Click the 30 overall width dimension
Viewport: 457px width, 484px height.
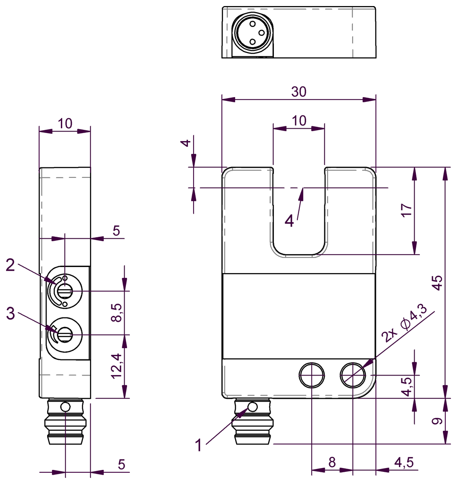[x=299, y=92]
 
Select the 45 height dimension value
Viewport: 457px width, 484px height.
[x=438, y=283]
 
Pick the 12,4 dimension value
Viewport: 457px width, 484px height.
[x=116, y=365]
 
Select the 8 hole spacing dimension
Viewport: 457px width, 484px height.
[x=332, y=462]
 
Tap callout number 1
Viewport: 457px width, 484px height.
[x=199, y=446]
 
